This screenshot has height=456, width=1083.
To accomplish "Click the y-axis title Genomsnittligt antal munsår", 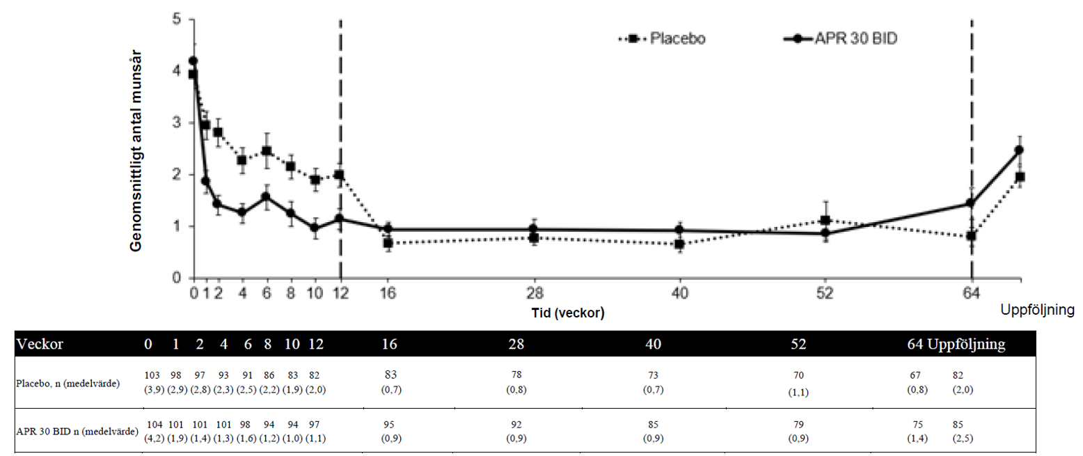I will coord(139,150).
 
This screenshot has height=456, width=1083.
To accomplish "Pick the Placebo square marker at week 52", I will coord(825,221).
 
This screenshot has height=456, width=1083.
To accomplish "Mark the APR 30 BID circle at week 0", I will coord(193,61).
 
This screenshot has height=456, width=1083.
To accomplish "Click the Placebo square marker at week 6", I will coord(267,151).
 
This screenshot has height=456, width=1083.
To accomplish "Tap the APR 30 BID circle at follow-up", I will coord(1019,150).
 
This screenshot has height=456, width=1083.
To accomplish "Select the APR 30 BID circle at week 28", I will coord(534,229).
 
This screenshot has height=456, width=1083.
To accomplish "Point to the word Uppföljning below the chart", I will coord(1037,309).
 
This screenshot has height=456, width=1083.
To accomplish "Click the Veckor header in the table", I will coord(40,345).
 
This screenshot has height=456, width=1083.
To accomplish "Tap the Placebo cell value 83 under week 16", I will coord(390,375).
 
